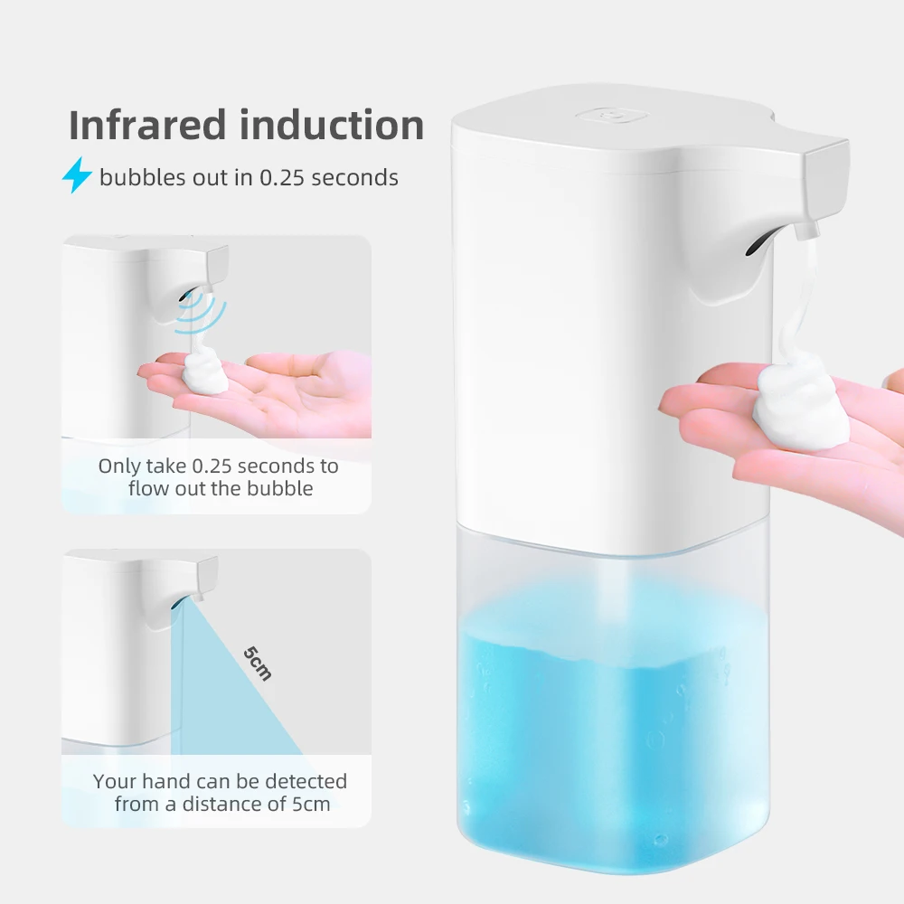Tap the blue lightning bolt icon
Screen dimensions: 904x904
point(77,176)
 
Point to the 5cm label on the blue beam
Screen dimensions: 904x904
point(258,662)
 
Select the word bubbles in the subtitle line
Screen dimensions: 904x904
point(137,177)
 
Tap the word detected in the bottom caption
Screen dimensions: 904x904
point(303,780)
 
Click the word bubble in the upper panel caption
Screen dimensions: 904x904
point(283,489)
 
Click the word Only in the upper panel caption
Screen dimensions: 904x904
point(119,466)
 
